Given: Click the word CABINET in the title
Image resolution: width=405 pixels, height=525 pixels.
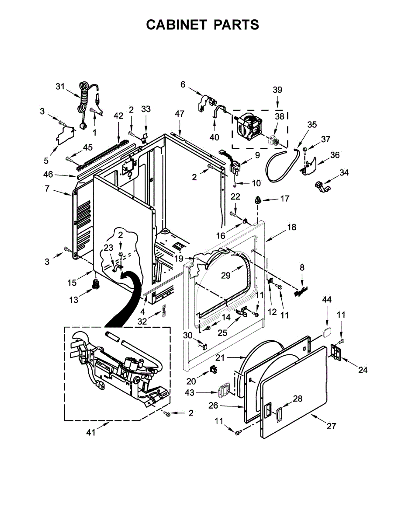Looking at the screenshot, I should click(177, 25).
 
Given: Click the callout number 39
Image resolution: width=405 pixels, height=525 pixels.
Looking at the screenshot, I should click(277, 90).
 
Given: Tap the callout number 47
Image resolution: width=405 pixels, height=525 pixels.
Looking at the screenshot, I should click(180, 113).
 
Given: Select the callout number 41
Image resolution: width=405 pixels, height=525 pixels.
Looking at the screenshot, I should click(90, 433).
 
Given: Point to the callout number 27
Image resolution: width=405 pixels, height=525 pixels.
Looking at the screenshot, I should click(332, 426).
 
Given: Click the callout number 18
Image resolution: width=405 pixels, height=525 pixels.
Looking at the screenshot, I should click(291, 227).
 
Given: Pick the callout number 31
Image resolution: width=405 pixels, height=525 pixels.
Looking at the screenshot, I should click(60, 86).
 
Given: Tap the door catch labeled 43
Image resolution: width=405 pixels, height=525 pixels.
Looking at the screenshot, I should click(224, 388).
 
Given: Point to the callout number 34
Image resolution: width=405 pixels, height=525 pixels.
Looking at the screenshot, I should click(344, 173).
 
